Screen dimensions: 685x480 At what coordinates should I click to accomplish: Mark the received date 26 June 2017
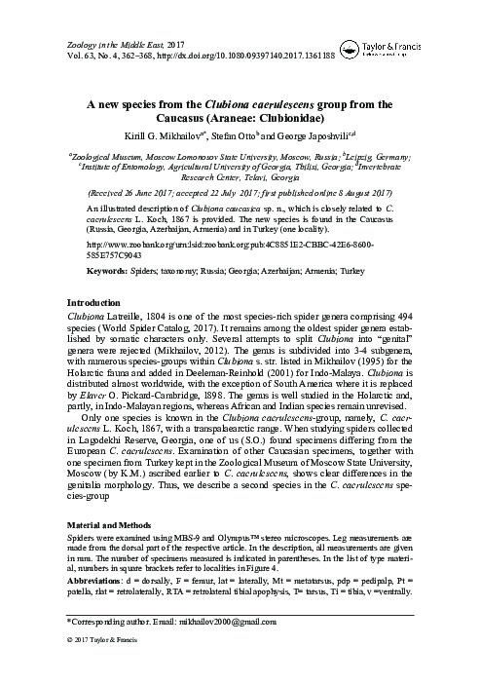(x=171, y=193)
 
